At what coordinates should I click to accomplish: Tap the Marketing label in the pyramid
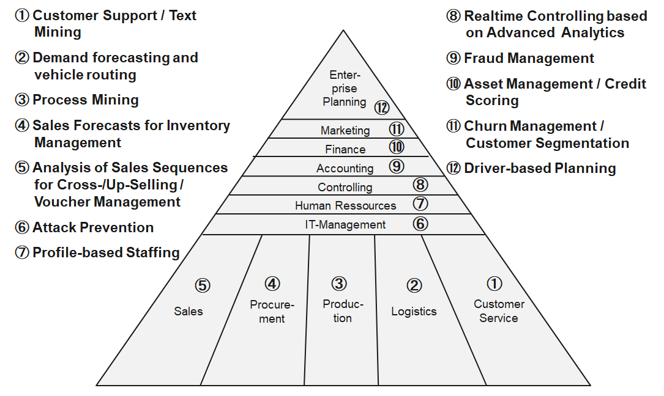[x=345, y=130]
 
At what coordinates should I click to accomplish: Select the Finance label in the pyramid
[x=345, y=149]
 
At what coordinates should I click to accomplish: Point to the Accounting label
[x=345, y=168]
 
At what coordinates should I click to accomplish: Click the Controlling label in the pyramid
[x=345, y=187]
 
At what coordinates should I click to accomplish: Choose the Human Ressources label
[x=345, y=205]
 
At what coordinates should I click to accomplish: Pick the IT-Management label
[x=345, y=224]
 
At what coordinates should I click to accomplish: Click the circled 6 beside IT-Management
[x=420, y=223]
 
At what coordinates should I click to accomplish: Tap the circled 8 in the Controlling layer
[x=420, y=185]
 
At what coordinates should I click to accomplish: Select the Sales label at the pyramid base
[x=188, y=311]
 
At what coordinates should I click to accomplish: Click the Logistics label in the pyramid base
[x=414, y=311]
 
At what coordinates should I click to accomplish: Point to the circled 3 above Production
[x=339, y=284]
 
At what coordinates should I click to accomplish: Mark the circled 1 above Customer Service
[x=494, y=284]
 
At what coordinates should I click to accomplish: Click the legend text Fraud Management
[x=529, y=58]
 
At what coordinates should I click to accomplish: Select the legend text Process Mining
[x=85, y=100]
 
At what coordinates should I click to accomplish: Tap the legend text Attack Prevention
[x=92, y=227]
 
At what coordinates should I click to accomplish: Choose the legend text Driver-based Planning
[x=540, y=168]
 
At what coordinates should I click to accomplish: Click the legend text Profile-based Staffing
[x=106, y=252]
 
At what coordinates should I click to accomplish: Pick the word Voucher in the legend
[x=61, y=202]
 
